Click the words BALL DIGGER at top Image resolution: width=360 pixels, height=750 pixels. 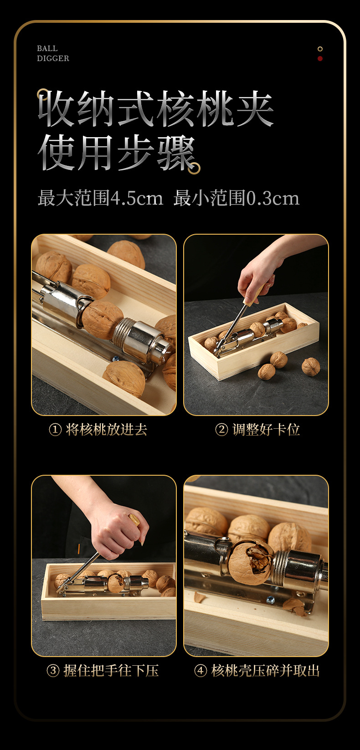tap(53, 53)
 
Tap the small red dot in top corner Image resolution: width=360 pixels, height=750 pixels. tap(320, 59)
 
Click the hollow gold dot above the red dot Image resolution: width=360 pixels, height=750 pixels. tap(320, 49)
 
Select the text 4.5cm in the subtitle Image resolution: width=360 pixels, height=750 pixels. tap(137, 199)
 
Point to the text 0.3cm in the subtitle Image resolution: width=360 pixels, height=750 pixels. tap(273, 199)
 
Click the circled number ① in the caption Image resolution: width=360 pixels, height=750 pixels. tap(55, 430)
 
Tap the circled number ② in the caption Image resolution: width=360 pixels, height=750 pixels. tap(221, 430)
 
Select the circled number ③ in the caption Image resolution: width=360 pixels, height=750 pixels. tap(53, 671)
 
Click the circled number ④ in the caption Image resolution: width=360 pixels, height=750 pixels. tap(201, 671)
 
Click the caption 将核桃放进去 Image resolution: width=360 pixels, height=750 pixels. tap(107, 430)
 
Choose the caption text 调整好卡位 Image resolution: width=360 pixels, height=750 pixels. tap(266, 430)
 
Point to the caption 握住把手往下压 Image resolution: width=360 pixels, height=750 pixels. tap(111, 671)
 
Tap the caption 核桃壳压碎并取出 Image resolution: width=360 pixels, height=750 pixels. tap(266, 671)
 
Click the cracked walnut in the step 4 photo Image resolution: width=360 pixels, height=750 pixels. tap(251, 561)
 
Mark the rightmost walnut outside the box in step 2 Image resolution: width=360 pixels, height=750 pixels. tap(311, 366)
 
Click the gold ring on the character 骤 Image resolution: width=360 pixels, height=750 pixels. tap(195, 168)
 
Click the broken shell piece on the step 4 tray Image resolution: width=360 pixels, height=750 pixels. tap(293, 606)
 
